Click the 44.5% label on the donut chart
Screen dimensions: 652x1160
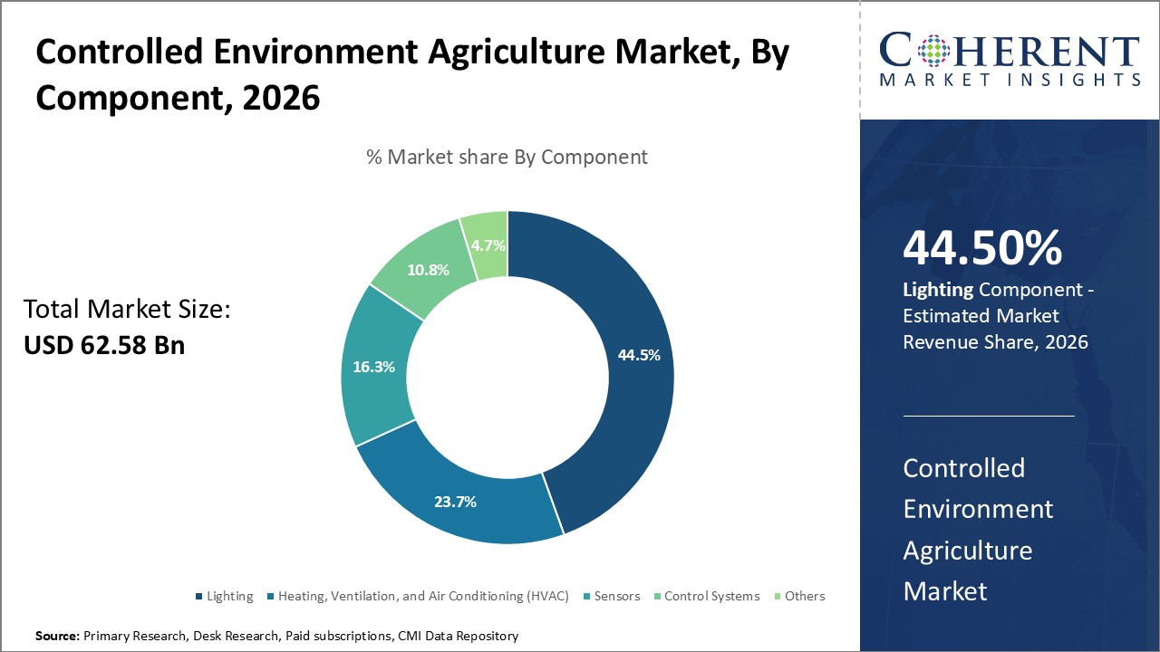pos(638,355)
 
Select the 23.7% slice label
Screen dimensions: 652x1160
pos(455,501)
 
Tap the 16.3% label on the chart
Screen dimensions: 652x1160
pos(372,368)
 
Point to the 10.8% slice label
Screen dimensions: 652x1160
pos(428,270)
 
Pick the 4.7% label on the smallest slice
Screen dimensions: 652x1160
pos(488,244)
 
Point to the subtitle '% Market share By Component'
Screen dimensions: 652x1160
pos(507,157)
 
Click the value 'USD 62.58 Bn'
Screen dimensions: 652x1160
pos(104,345)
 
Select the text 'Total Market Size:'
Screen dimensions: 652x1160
pos(128,310)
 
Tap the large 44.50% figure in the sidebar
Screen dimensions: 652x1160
pos(982,249)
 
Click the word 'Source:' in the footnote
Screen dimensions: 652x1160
pos(57,637)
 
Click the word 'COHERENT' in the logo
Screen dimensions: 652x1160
pos(1009,51)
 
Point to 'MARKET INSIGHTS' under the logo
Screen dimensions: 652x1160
pos(1009,80)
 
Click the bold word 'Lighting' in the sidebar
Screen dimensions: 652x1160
pos(938,290)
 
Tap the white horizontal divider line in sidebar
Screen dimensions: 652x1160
pos(989,416)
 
